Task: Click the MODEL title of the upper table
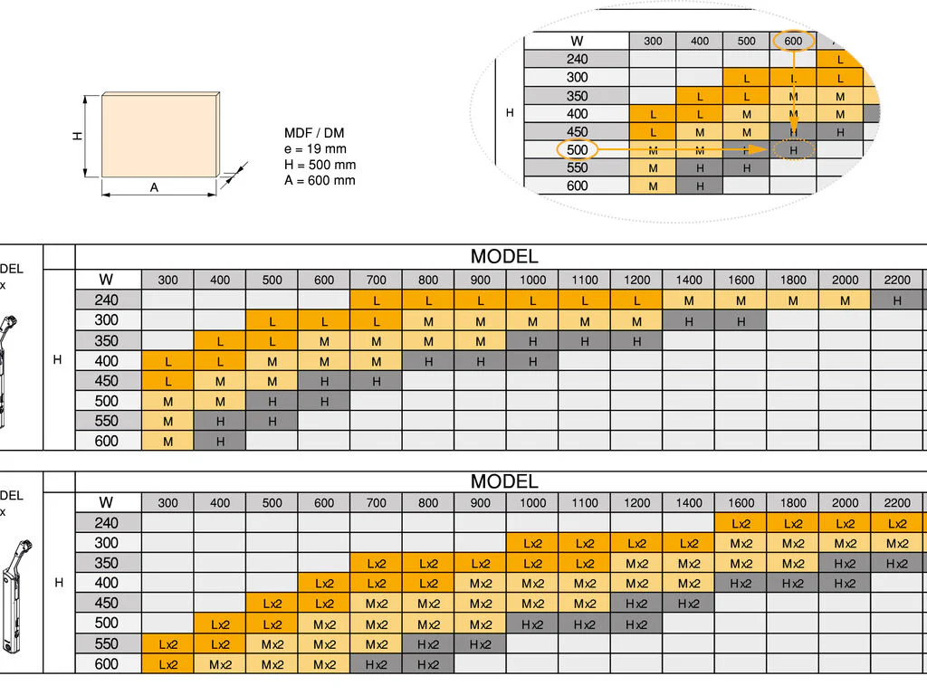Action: (503, 256)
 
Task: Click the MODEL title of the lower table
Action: (503, 481)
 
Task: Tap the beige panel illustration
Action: (160, 136)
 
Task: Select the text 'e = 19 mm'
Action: (315, 148)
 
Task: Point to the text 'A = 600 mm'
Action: (320, 179)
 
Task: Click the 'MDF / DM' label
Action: (314, 133)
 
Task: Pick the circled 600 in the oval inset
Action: (793, 41)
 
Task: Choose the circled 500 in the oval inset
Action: (577, 149)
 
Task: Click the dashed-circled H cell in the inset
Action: (794, 150)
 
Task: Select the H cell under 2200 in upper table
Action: (897, 300)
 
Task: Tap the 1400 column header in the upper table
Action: (689, 280)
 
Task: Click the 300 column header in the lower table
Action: (168, 502)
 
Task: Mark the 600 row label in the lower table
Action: (107, 663)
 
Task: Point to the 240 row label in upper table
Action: (107, 300)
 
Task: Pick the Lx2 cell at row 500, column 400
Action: (220, 624)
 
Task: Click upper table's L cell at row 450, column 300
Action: (168, 381)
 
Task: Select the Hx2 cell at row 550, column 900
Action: (481, 643)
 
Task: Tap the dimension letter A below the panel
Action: (154, 187)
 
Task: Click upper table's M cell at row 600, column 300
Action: (168, 441)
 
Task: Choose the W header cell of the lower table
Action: (107, 502)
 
